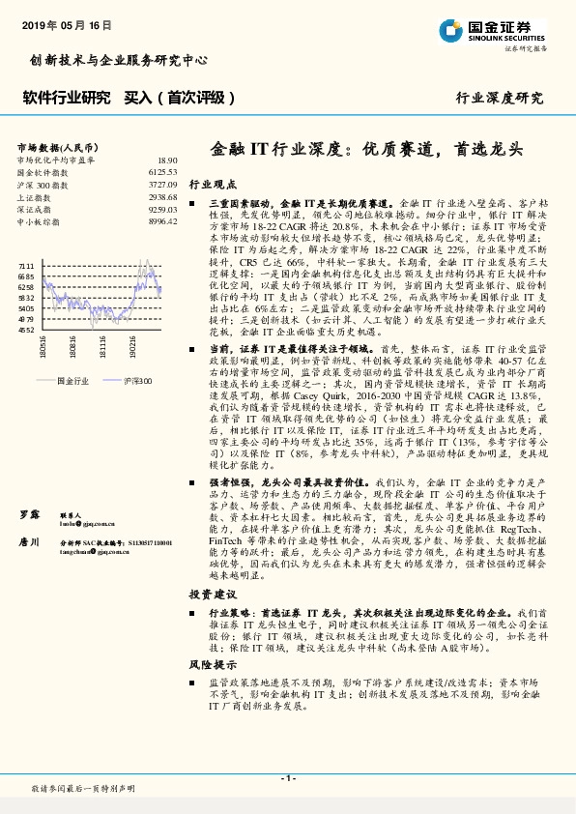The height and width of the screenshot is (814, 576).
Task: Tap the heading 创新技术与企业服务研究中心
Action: pos(118,60)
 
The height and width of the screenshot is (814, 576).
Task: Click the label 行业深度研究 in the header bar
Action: pos(500,98)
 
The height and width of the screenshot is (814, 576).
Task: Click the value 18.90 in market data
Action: pos(167,160)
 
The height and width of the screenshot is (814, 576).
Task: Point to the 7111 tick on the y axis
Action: pos(26,263)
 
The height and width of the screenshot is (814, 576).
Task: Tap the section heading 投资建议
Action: pos(212,594)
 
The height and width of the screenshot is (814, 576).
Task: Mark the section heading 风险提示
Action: pos(212,665)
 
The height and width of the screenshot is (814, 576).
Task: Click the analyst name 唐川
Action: pos(29,542)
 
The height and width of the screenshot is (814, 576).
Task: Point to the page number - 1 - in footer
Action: pos(287,779)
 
